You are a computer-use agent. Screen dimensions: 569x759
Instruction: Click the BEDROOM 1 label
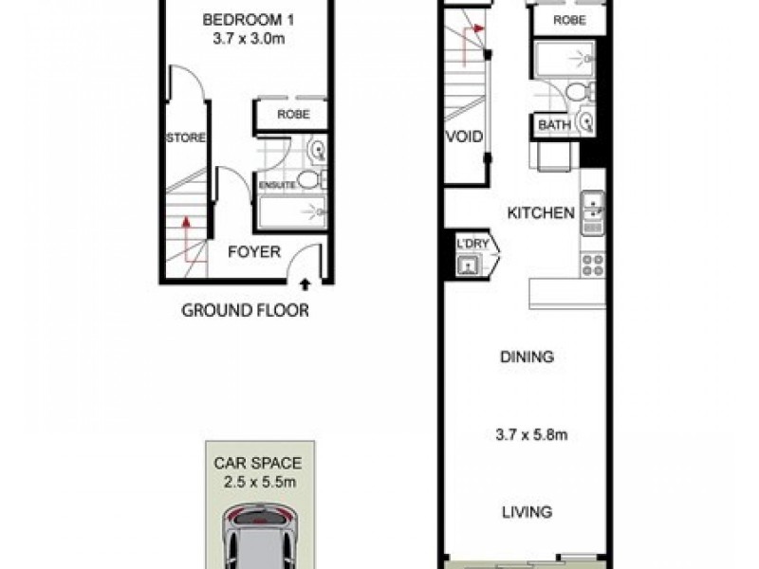(x=245, y=19)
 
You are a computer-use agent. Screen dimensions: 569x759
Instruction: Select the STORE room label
(x=186, y=138)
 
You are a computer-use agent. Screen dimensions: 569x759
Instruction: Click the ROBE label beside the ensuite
(x=290, y=114)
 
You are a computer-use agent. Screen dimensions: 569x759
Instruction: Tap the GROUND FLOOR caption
(x=245, y=310)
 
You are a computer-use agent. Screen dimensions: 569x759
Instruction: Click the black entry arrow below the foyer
(x=305, y=282)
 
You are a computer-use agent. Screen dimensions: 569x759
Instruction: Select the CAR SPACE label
(x=257, y=464)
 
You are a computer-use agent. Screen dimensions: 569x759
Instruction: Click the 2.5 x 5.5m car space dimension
(x=257, y=484)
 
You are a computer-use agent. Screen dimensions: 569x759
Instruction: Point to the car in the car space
(x=257, y=539)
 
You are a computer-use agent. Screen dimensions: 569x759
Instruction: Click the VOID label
(x=464, y=138)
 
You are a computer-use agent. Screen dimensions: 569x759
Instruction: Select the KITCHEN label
(x=541, y=212)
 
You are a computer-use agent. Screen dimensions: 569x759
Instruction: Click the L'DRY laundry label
(x=472, y=243)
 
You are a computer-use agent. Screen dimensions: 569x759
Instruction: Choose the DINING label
(x=527, y=358)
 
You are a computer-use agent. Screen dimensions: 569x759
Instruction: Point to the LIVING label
(x=527, y=512)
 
